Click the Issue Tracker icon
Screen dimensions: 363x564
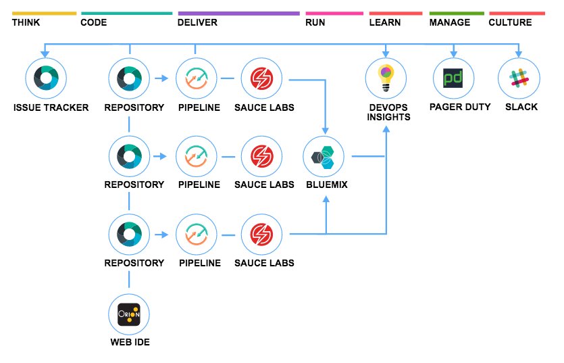pyautogui.click(x=45, y=78)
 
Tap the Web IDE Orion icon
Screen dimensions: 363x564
pyautogui.click(x=129, y=314)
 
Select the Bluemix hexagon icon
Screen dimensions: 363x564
pyautogui.click(x=325, y=156)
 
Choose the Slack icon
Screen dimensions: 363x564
pyautogui.click(x=519, y=78)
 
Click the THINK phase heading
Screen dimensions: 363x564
pyautogui.click(x=27, y=22)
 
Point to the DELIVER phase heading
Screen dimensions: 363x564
pyautogui.click(x=197, y=22)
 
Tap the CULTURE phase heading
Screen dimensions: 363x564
pyautogui.click(x=510, y=22)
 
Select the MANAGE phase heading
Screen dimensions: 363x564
pyautogui.click(x=450, y=22)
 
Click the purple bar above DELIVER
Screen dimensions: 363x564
pyautogui.click(x=238, y=13)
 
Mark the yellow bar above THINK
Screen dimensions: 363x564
pyautogui.click(x=44, y=13)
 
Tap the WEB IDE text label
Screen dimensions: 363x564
pyautogui.click(x=130, y=342)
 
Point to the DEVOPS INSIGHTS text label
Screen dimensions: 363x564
pyautogui.click(x=386, y=112)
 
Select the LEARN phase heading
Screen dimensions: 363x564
pyautogui.click(x=385, y=22)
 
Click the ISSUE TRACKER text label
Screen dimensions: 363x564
pyautogui.click(x=51, y=107)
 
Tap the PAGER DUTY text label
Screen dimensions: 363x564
pyautogui.click(x=459, y=107)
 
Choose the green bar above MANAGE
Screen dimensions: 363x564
pyautogui.click(x=457, y=13)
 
